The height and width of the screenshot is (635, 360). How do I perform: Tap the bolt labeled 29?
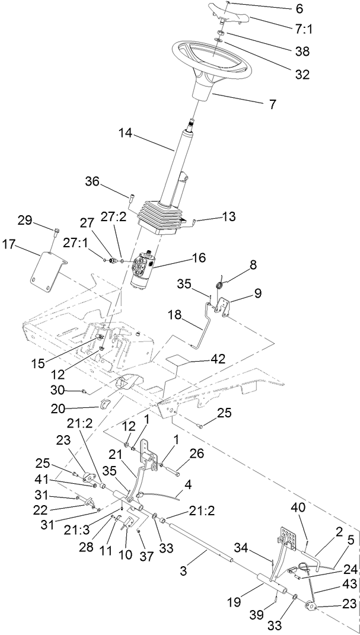(x=56, y=231)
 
